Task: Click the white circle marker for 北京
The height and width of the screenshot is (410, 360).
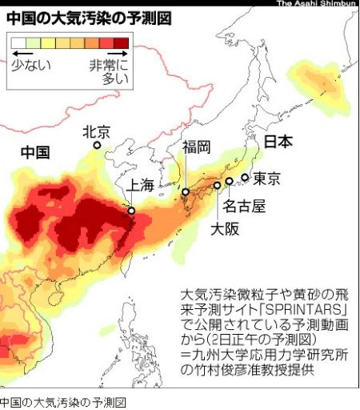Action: (x=97, y=146)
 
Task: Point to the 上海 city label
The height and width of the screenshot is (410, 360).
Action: (x=135, y=186)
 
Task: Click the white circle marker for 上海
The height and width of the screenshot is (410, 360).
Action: (x=131, y=211)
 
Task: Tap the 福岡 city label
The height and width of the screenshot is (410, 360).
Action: (x=196, y=147)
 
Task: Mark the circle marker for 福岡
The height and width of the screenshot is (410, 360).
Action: (x=185, y=192)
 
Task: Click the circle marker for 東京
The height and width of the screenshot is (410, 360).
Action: (x=245, y=178)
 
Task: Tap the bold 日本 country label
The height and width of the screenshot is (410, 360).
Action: (x=278, y=142)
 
